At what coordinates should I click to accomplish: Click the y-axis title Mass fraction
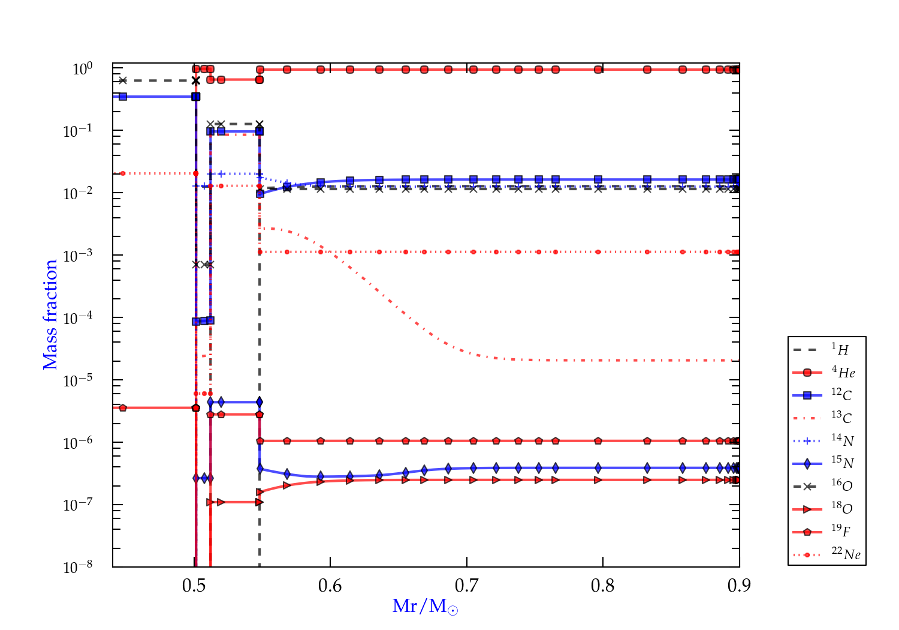click(x=50, y=314)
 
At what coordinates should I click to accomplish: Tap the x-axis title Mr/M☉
click(x=425, y=607)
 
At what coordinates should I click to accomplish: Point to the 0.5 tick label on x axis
click(x=194, y=586)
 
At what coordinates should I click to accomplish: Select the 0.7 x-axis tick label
click(x=467, y=586)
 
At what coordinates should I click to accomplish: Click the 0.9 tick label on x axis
click(x=739, y=586)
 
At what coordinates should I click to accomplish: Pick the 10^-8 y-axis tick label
click(x=78, y=567)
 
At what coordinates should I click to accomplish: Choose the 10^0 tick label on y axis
click(x=83, y=69)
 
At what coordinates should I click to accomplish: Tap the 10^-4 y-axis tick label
click(x=78, y=318)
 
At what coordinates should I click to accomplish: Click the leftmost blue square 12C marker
click(x=123, y=97)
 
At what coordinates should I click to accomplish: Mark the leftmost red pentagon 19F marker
click(x=123, y=408)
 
